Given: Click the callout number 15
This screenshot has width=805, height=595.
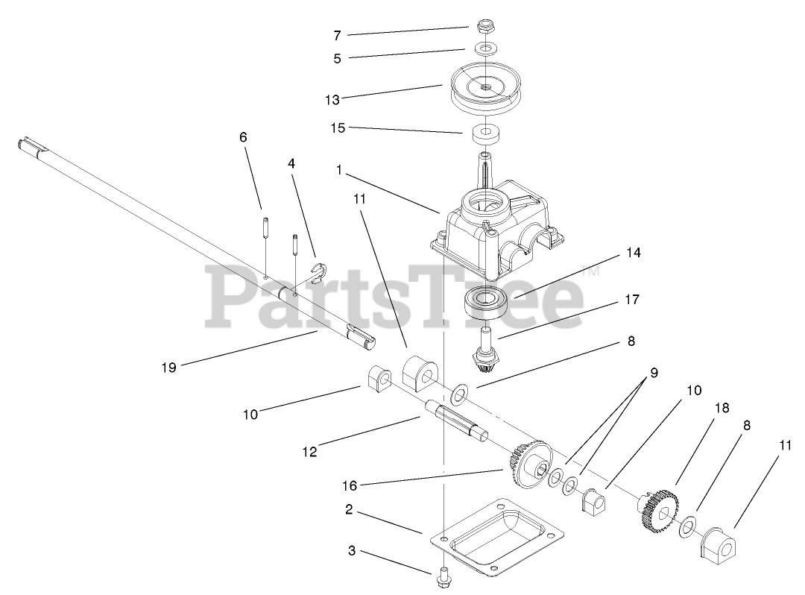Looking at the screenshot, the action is [x=338, y=127].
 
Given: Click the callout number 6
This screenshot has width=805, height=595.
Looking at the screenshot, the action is [x=243, y=137].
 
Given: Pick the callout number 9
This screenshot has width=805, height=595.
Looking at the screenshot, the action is [x=654, y=373].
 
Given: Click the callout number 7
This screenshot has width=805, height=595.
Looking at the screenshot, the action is [x=337, y=35].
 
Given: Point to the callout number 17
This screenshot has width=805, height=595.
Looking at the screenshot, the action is [x=632, y=300].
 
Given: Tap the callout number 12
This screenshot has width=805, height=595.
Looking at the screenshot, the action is [x=309, y=451].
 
